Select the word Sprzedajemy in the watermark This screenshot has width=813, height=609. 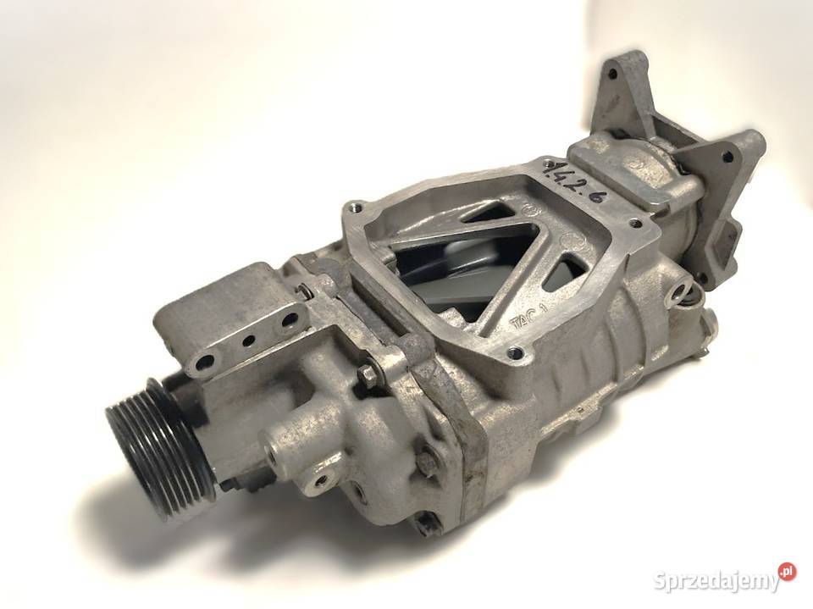click(716, 581)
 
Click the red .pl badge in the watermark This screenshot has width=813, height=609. click(788, 572)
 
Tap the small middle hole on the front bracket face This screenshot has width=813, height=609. click(248, 343)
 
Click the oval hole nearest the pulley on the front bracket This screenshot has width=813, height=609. click(205, 364)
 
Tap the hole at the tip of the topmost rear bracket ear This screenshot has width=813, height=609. click(611, 75)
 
